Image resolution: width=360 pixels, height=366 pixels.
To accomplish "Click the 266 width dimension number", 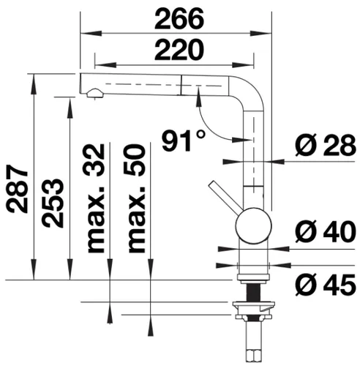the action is pos(179,19).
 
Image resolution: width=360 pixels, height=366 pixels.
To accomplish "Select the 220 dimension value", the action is pos(179,50).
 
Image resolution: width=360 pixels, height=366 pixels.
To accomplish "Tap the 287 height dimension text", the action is pos(17,189).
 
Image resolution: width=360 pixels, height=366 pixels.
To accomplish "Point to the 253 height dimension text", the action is pos(53,203).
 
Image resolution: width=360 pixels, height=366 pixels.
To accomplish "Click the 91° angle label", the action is pos(184,141).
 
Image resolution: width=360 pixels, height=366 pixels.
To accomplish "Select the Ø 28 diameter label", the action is pos(326,145).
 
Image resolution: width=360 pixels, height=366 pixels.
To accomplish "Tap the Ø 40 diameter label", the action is pos(326,232).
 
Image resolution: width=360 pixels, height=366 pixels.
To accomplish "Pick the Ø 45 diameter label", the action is pos(326,285).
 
